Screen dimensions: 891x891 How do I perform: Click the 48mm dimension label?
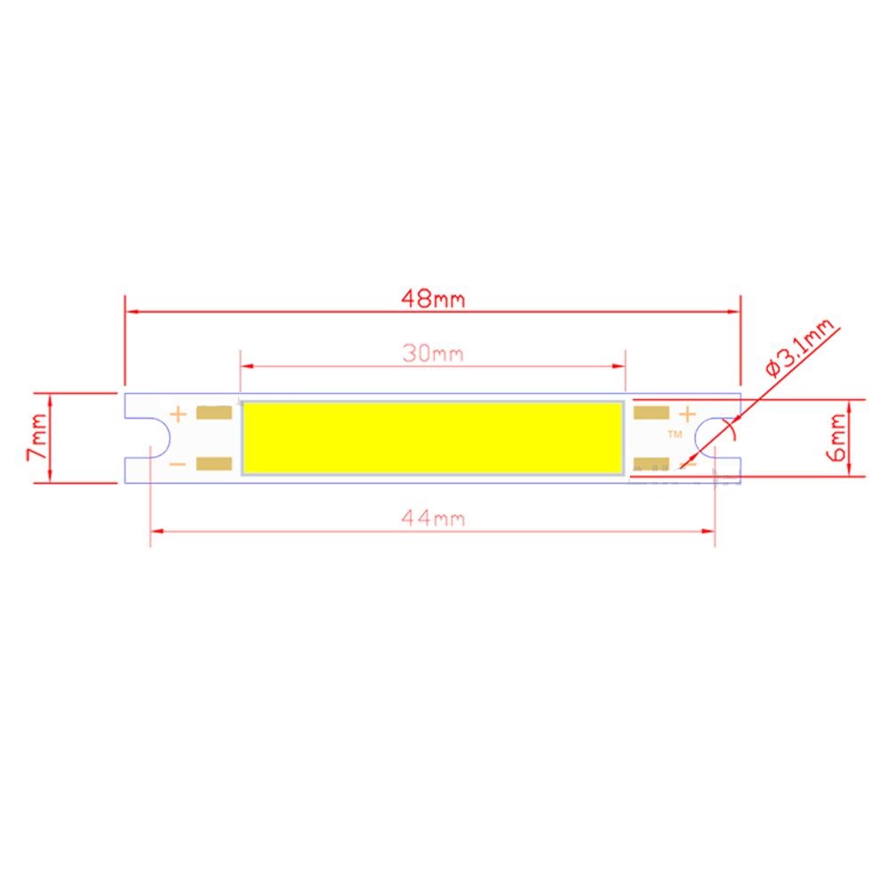[x=433, y=298]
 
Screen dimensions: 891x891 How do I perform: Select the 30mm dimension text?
[x=433, y=353]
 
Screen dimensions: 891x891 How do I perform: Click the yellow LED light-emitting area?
[x=433, y=437]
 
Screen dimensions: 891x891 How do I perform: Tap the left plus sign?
[x=178, y=413]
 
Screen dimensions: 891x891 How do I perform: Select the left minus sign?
[x=178, y=463]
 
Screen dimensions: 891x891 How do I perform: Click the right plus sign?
[x=687, y=413]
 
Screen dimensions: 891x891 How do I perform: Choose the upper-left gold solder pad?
[x=215, y=413]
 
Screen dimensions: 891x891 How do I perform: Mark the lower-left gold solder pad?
[x=215, y=463]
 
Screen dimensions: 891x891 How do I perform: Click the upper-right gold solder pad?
[x=651, y=413]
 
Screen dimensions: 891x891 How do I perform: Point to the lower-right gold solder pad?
[x=651, y=463]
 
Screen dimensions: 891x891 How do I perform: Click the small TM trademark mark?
[x=674, y=434]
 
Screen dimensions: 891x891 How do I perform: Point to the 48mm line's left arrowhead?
[x=131, y=311]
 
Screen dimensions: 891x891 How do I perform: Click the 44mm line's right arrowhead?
[x=710, y=532]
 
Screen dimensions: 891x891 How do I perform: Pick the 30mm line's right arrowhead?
[x=619, y=365]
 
